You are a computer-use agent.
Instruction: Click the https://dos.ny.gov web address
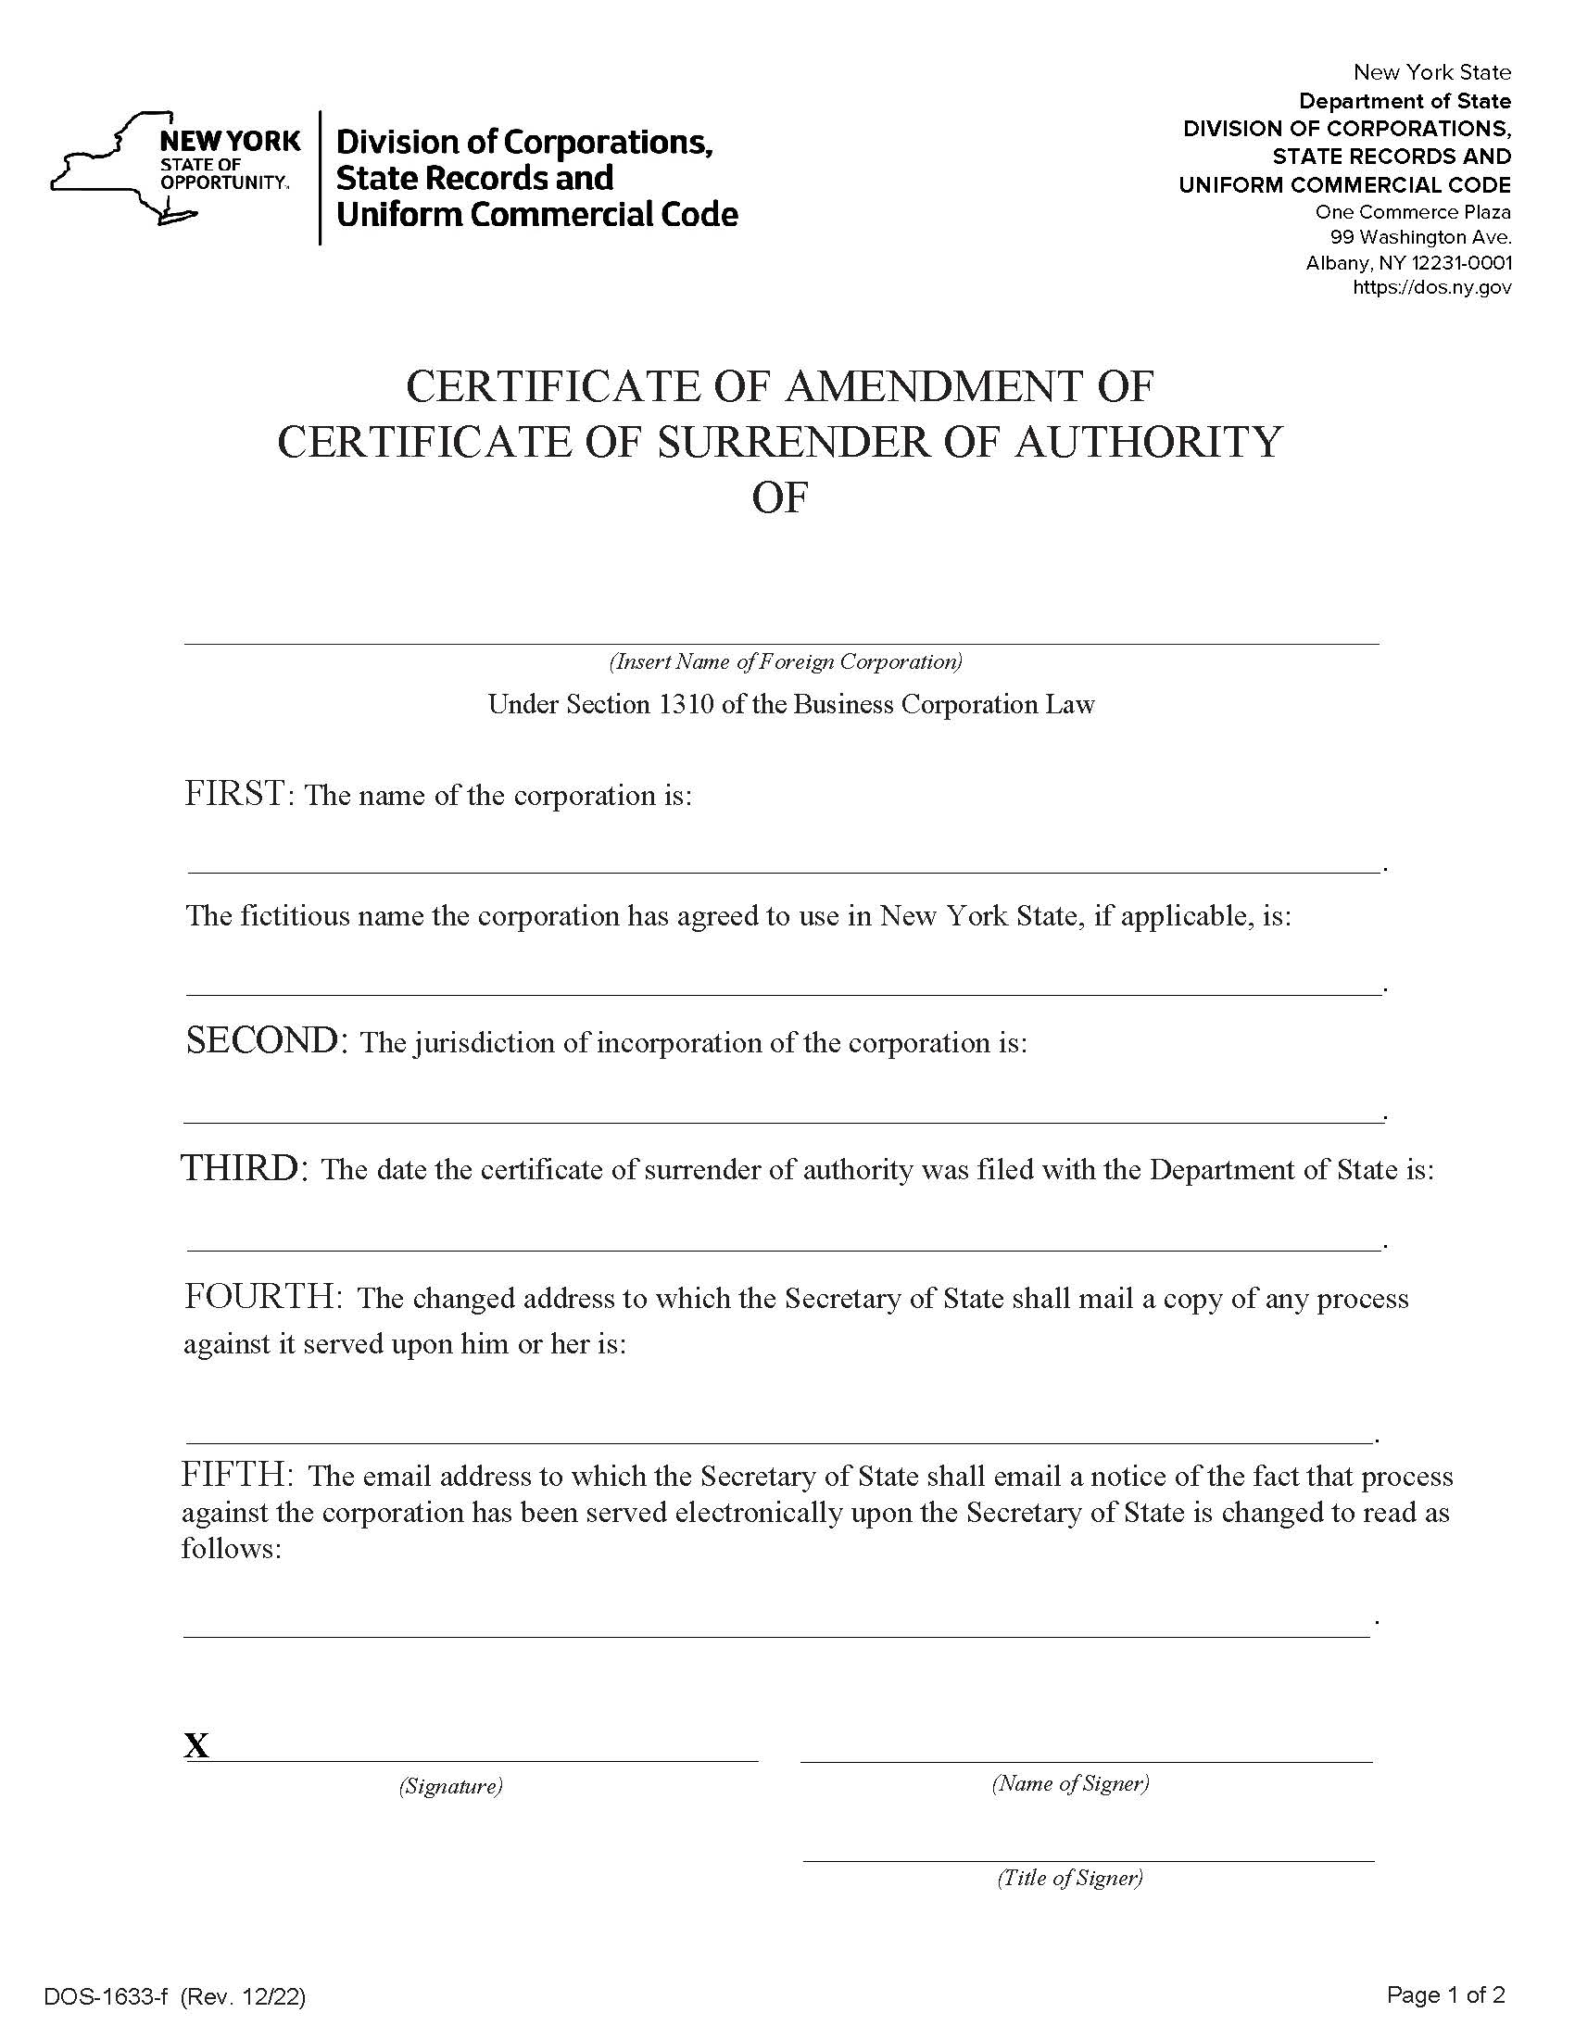pyautogui.click(x=1431, y=288)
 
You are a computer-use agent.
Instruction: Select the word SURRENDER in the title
pyautogui.click(x=793, y=442)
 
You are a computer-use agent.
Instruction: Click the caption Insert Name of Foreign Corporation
pyautogui.click(x=786, y=661)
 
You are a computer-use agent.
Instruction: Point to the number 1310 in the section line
pyautogui.click(x=686, y=705)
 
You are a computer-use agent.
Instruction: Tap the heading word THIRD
pyautogui.click(x=242, y=1167)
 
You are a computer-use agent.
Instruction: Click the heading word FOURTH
pyautogui.click(x=262, y=1296)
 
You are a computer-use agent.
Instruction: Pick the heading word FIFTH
pyautogui.click(x=237, y=1475)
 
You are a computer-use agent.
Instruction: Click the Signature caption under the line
pyautogui.click(x=450, y=1786)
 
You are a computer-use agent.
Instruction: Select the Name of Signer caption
pyautogui.click(x=1070, y=1783)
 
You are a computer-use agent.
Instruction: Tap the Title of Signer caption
pyautogui.click(x=1070, y=1878)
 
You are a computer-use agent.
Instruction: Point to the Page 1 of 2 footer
pyautogui.click(x=1445, y=1995)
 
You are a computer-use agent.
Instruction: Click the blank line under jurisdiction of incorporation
pyautogui.click(x=782, y=1120)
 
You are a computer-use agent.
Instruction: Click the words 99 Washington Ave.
pyautogui.click(x=1421, y=237)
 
